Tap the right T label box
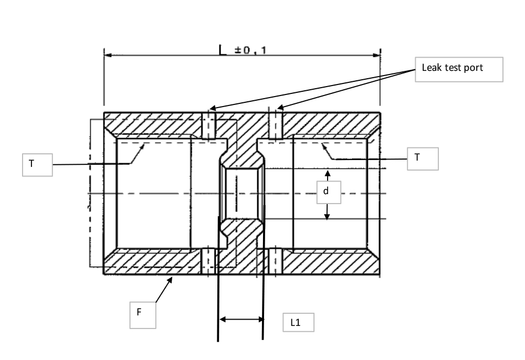coord(422,158)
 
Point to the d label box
coord(326,193)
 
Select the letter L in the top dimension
coord(223,50)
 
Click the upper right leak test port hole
coord(276,125)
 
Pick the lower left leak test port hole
coord(209,261)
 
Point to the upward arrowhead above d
coord(327,173)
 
